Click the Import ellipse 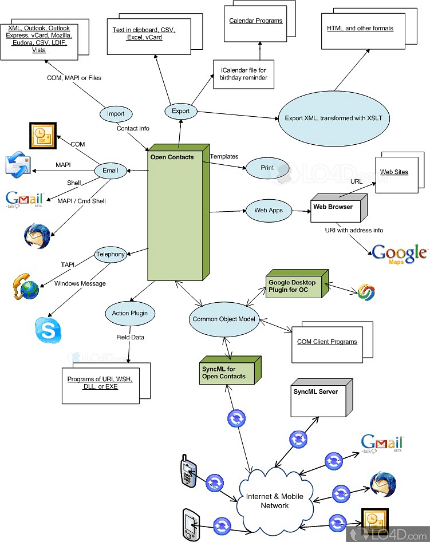[x=116, y=113]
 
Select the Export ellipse [x=181, y=111]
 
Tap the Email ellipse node [x=110, y=170]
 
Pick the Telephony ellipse [x=111, y=255]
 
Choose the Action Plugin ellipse [x=130, y=313]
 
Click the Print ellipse [x=267, y=168]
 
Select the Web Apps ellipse [x=268, y=211]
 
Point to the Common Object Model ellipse [x=223, y=319]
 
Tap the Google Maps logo [x=399, y=254]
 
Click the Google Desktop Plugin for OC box [x=294, y=286]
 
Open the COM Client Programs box [x=327, y=342]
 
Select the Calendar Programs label [x=255, y=21]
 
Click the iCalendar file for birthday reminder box [x=243, y=74]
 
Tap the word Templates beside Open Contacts [x=224, y=156]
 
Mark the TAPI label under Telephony [x=68, y=264]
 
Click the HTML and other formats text [x=360, y=28]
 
